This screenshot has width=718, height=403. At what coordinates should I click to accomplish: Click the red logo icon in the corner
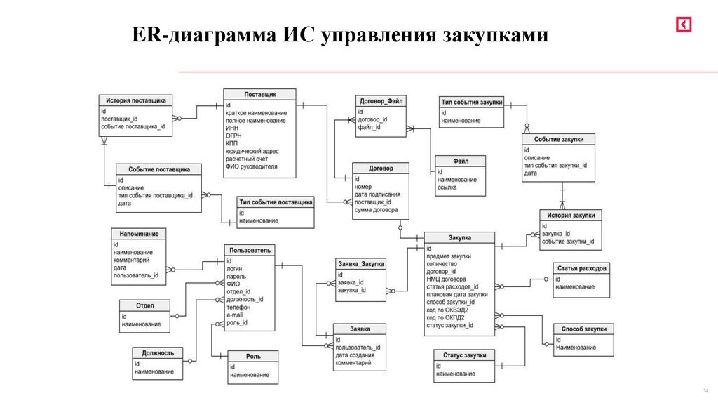684,25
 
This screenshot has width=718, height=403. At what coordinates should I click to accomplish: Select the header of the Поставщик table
259,94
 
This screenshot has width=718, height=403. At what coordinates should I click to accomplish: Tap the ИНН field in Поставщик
232,129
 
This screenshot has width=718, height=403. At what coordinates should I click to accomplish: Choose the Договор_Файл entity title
381,101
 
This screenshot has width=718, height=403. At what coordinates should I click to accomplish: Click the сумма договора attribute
377,210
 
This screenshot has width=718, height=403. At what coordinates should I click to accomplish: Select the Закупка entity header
459,238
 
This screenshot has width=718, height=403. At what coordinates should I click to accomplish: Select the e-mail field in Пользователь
234,316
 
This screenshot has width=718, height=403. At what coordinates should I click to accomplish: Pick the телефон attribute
238,308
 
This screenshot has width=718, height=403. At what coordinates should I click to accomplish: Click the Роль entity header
252,356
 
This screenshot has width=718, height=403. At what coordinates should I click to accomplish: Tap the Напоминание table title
139,233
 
